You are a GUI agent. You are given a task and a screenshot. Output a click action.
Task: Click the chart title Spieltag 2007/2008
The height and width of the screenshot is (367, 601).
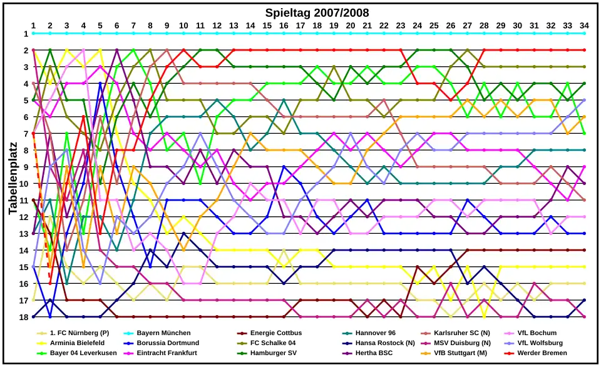coord(317,13)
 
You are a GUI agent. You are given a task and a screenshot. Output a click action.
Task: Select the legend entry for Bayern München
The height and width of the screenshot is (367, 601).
coord(163,333)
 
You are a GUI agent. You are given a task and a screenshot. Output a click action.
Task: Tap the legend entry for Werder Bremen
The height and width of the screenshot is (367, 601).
coord(542,353)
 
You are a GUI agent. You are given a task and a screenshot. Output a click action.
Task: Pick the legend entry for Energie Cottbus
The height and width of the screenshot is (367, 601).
coord(275,333)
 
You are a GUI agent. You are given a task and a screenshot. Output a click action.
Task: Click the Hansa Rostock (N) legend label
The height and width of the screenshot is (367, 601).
coord(385,343)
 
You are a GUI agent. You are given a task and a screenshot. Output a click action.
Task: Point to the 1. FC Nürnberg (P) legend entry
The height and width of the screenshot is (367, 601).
coord(79,333)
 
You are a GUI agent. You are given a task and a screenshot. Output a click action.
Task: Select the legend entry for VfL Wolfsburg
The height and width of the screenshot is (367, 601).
coord(540,343)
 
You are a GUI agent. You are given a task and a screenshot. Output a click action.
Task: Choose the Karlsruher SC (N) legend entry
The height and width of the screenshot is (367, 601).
coord(462,333)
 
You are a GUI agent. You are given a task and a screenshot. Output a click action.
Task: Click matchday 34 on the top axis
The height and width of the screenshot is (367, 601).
coord(584,25)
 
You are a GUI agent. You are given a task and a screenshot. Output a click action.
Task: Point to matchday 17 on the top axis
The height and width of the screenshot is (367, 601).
coord(300,25)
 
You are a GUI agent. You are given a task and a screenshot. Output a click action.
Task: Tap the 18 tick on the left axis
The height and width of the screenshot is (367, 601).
coord(26,317)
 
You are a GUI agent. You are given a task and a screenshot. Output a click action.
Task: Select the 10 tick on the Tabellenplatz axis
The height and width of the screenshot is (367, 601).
coord(26,184)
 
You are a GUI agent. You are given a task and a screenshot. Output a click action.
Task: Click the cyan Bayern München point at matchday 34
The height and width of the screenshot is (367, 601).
coord(584,33)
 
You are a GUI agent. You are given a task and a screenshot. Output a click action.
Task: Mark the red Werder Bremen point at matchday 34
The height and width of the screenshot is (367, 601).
coord(584,50)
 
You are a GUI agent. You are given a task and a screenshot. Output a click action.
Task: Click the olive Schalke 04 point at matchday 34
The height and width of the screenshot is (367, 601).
coord(584,67)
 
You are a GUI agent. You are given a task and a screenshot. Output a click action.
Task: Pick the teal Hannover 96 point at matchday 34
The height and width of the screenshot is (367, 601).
coord(584,150)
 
